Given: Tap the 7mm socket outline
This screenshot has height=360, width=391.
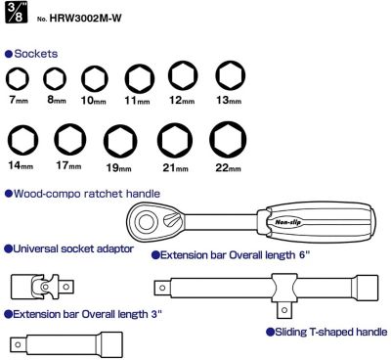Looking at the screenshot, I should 18,78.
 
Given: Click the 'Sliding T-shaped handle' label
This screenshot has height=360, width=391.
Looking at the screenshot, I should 326,332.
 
